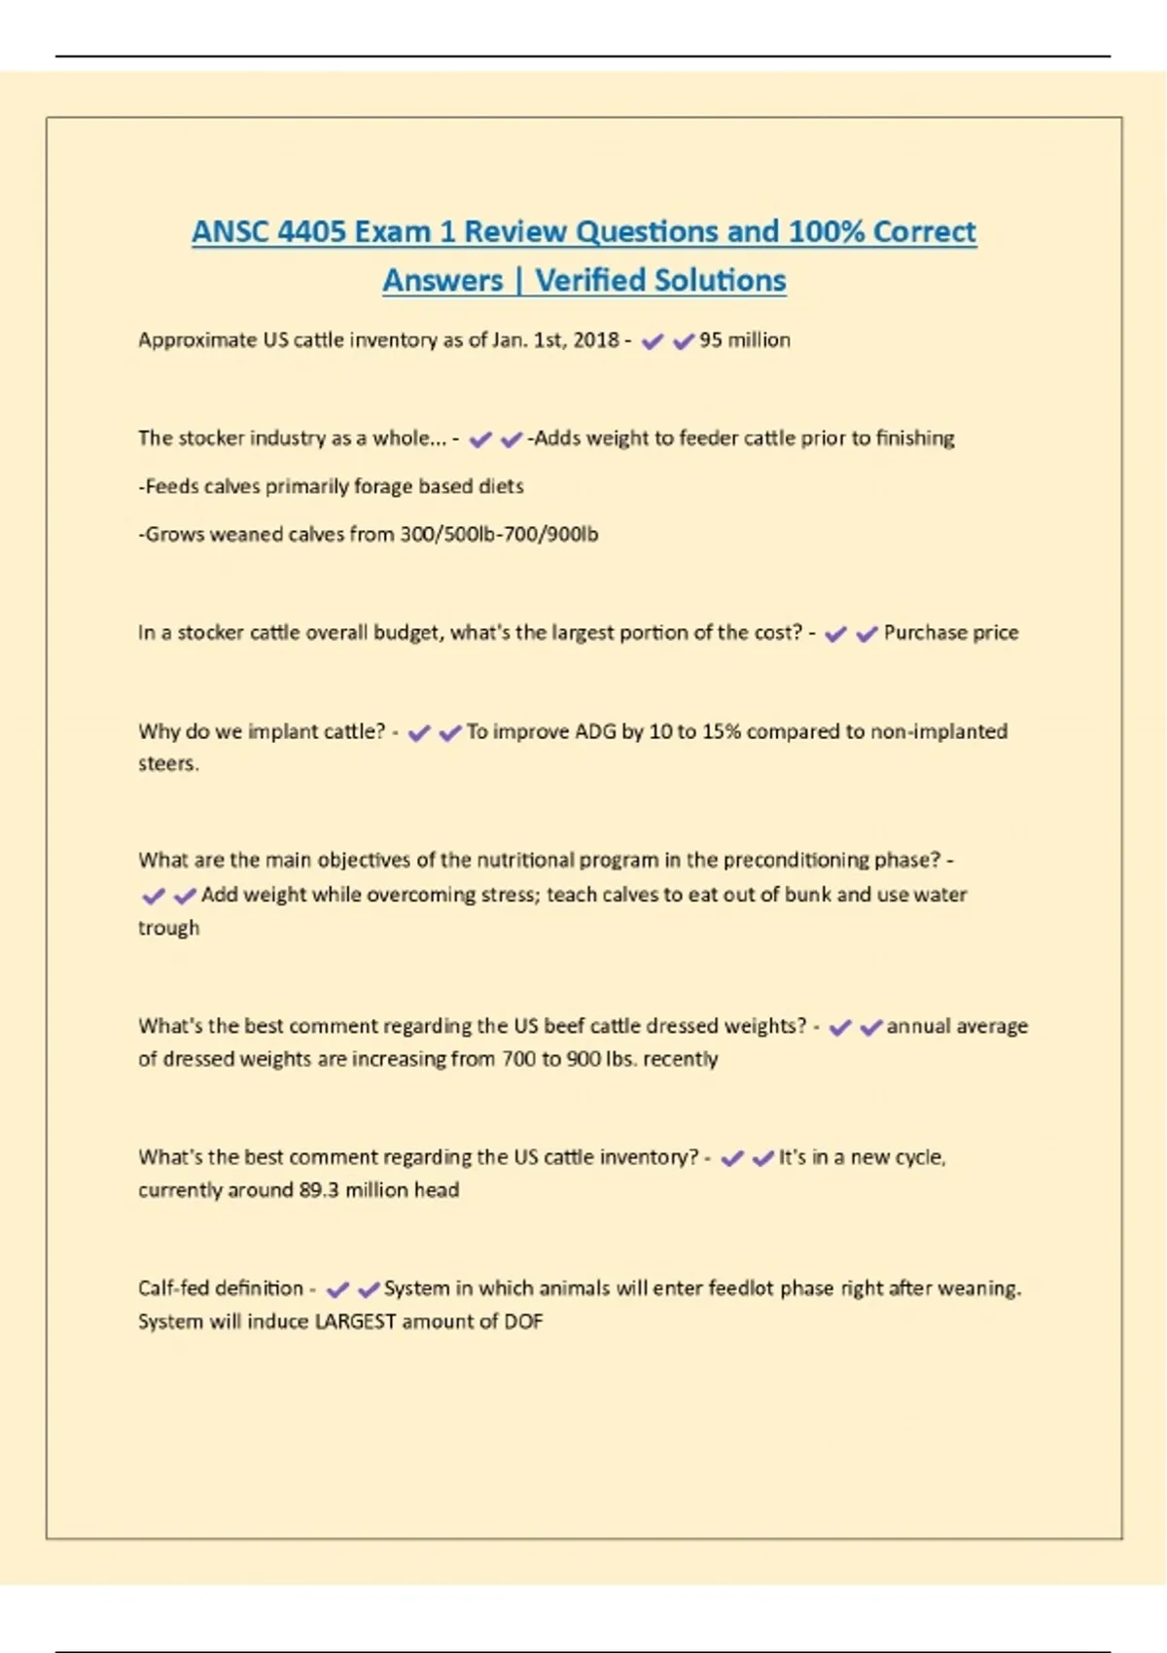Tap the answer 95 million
pos(744,340)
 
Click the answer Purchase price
pos(950,633)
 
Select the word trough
pos(168,928)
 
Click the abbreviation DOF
pos(523,1321)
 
